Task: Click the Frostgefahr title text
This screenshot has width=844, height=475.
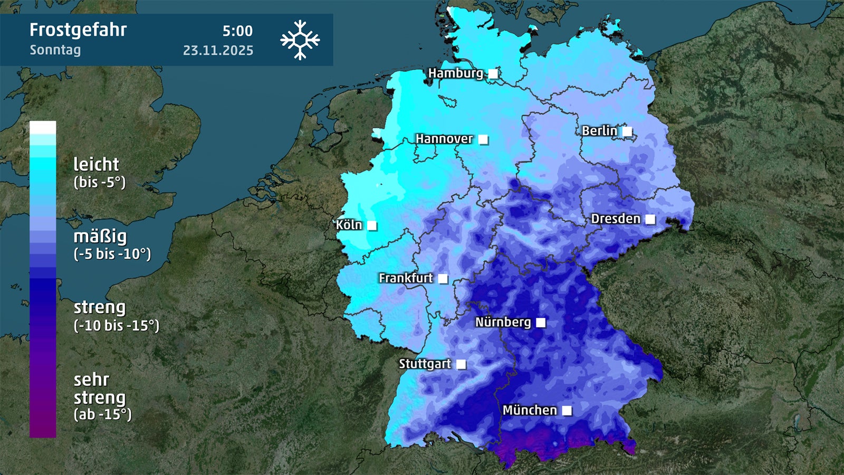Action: (78, 30)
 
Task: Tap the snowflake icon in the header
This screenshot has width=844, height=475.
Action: (300, 40)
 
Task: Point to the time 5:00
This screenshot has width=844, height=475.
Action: (237, 31)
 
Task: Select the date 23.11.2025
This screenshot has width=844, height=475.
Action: (218, 51)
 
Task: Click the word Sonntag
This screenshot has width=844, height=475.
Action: (55, 50)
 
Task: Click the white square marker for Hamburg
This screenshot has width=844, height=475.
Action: (493, 74)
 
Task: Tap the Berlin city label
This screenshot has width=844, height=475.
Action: (599, 131)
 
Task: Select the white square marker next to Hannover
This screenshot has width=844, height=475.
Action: (483, 140)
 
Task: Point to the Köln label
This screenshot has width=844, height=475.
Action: (349, 225)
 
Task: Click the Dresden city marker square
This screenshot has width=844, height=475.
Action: (650, 219)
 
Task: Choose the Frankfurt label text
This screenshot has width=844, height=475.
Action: (405, 278)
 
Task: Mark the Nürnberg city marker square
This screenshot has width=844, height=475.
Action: (541, 322)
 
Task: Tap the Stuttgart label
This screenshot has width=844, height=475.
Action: (425, 364)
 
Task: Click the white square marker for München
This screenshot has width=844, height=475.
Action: (567, 411)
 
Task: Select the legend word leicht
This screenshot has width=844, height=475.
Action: (96, 165)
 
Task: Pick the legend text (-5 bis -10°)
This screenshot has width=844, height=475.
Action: (112, 254)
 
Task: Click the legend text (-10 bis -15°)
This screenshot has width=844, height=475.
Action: (116, 326)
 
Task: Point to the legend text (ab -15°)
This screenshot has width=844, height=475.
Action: (102, 414)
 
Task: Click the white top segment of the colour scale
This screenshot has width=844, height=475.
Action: (43, 127)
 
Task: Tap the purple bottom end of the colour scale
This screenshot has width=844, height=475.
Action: (43, 427)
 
